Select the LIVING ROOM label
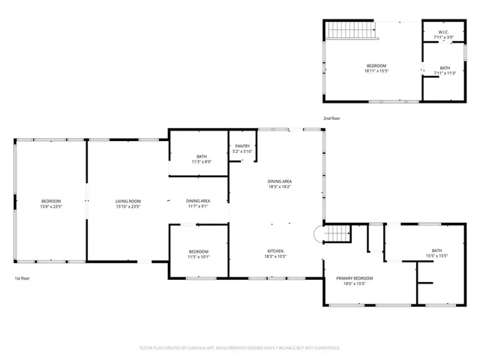128,201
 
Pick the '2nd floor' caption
331,118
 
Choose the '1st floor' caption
22,278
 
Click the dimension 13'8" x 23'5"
51,206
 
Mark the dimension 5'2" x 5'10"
242,151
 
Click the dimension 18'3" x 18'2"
280,187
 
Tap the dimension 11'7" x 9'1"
198,206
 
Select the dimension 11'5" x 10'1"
199,256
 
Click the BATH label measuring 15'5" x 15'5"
437,250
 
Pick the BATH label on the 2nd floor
445,68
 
